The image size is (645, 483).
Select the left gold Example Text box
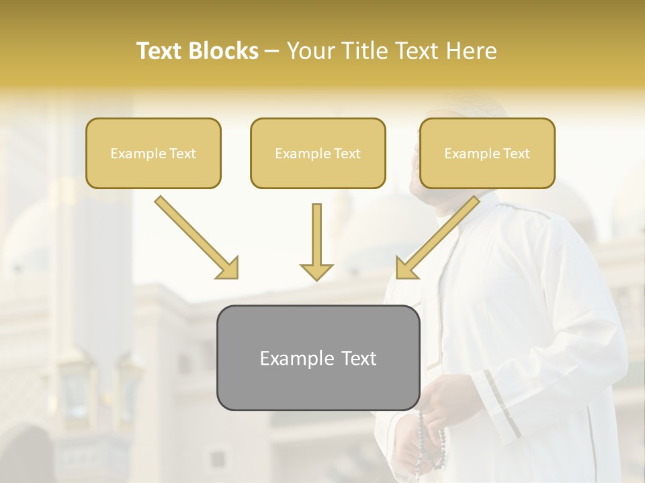[153, 153]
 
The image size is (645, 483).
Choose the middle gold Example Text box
[318, 153]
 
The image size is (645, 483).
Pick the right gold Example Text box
[487, 153]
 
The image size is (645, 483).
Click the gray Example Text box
[318, 358]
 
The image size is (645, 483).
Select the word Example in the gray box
[293, 358]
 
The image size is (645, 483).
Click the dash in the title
[273, 52]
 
